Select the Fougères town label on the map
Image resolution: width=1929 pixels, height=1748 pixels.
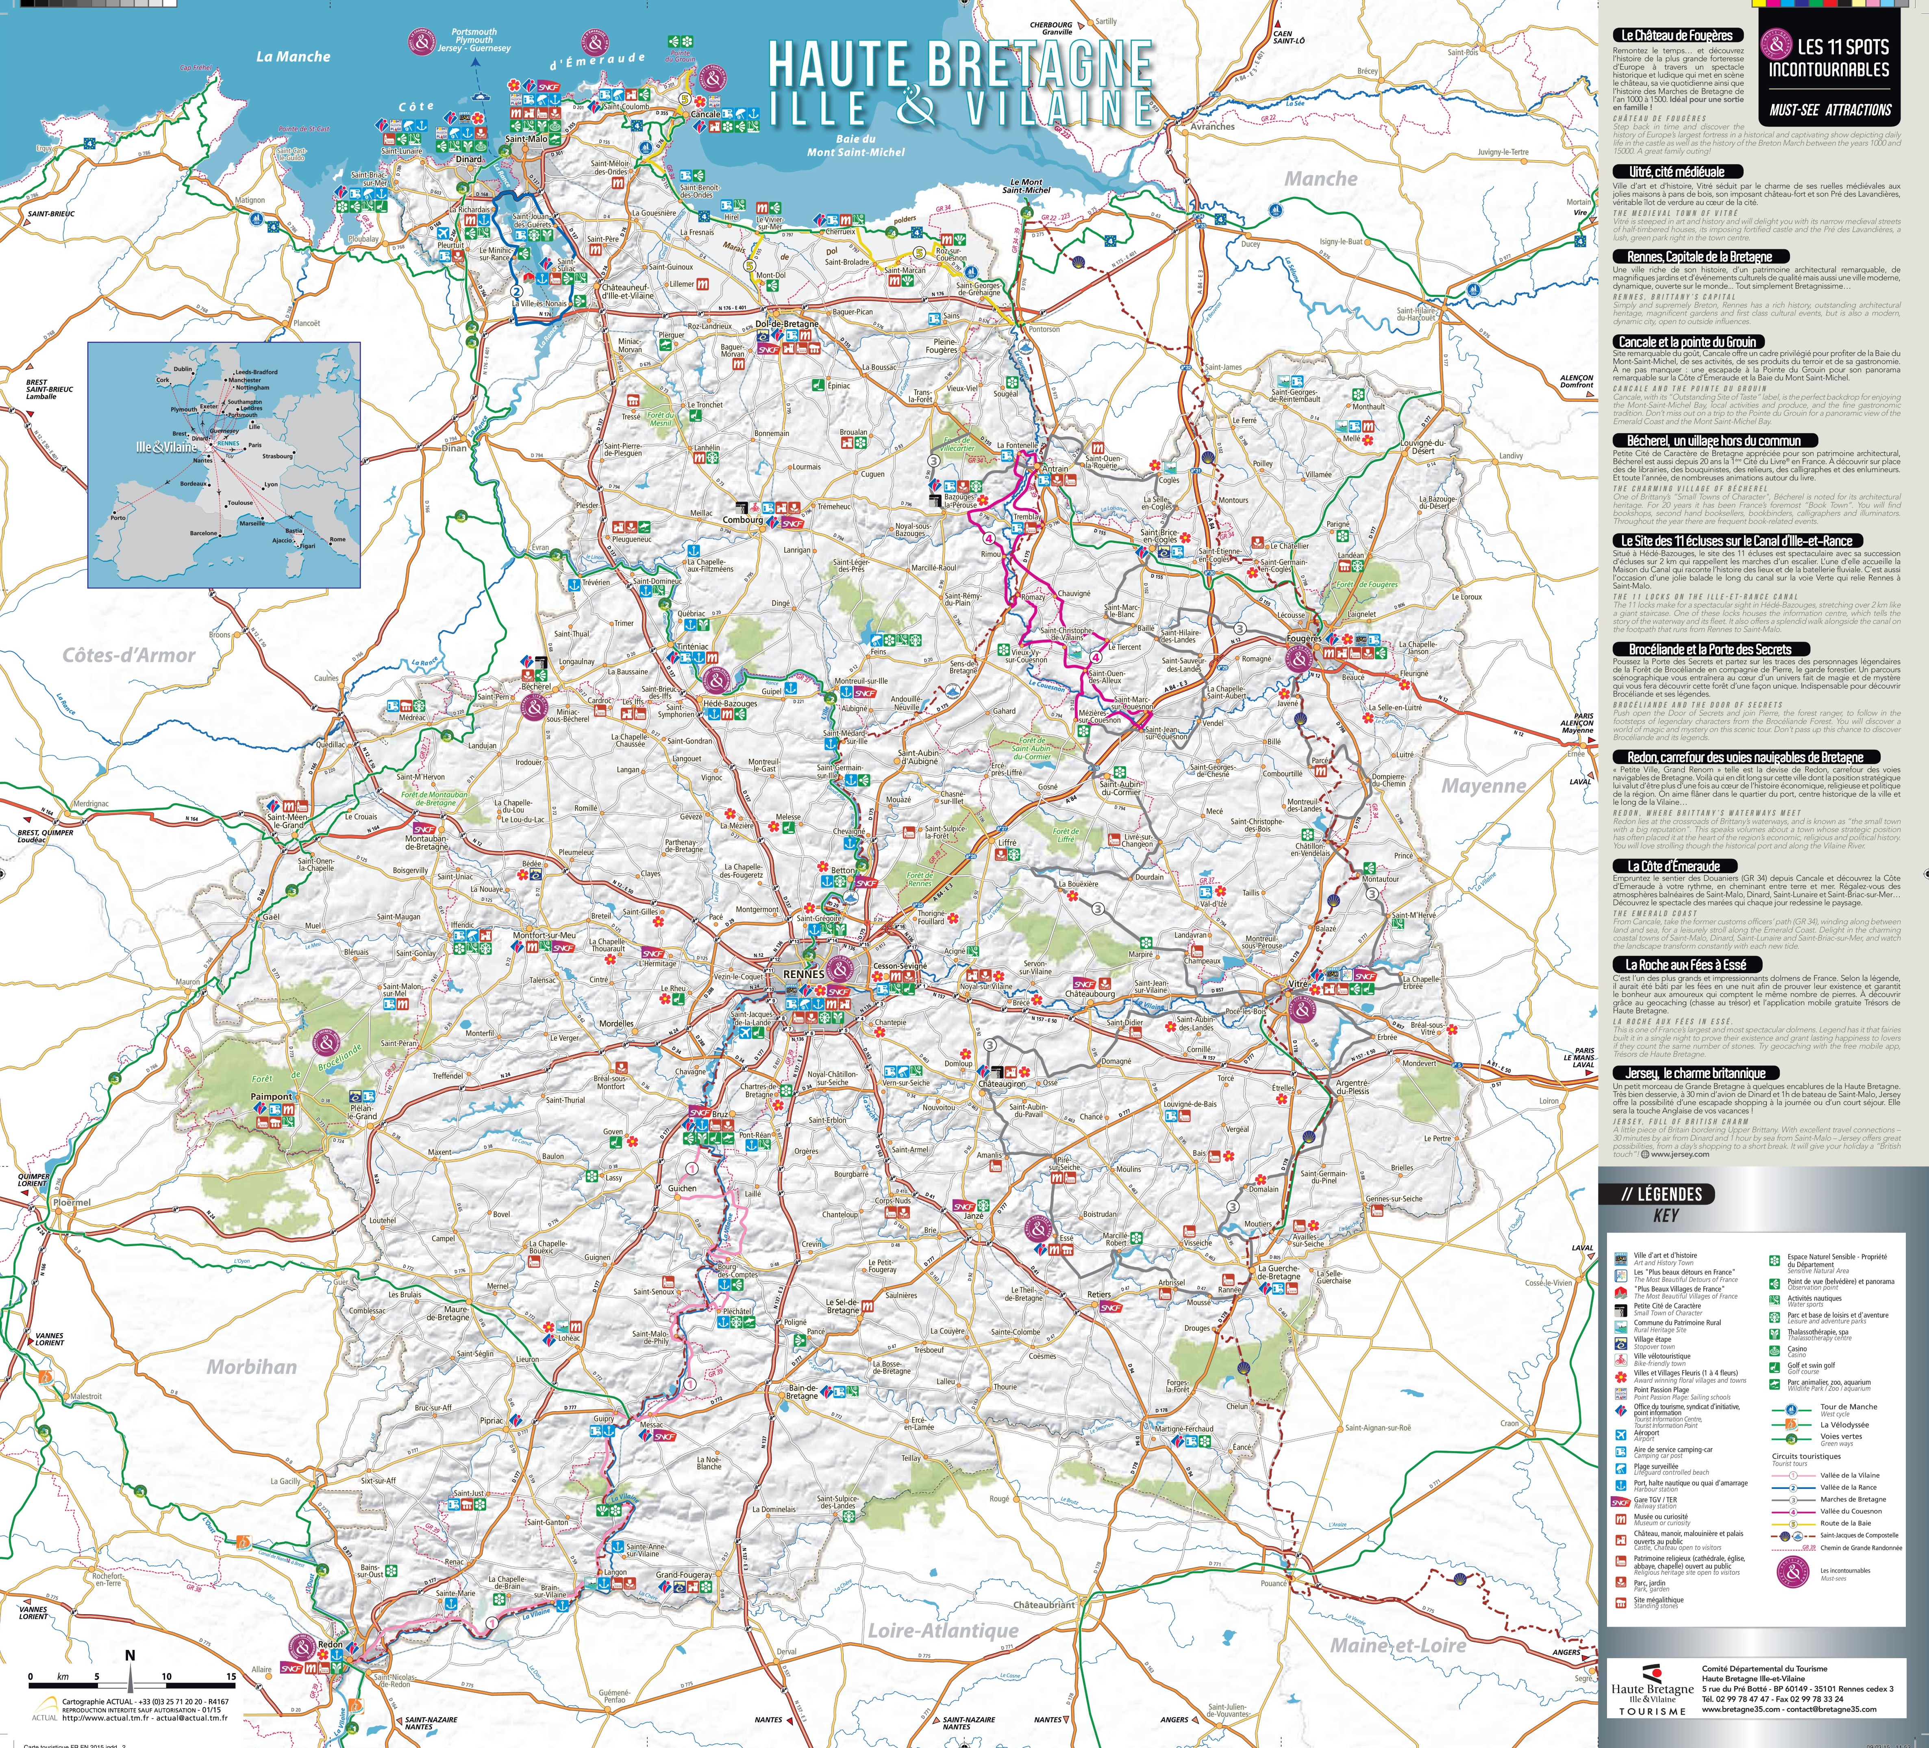click(x=1304, y=638)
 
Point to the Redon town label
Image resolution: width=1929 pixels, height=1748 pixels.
click(x=330, y=1643)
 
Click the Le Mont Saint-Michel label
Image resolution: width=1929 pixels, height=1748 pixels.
click(x=1026, y=186)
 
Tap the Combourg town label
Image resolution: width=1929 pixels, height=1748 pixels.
click(x=742, y=520)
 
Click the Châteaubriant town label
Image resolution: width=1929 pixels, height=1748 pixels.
click(x=1044, y=1604)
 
